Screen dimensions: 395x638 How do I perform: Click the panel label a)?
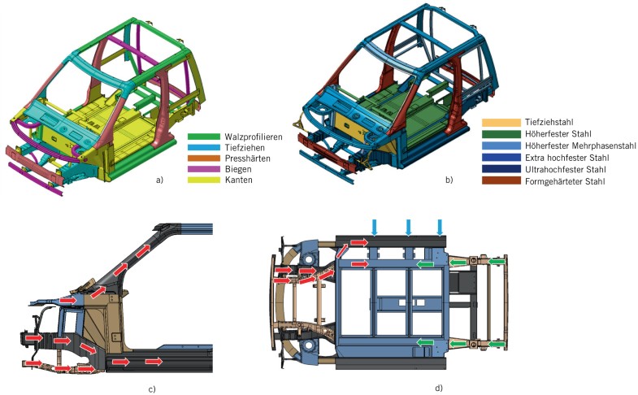[159, 180]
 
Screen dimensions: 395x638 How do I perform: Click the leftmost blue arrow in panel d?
[375, 227]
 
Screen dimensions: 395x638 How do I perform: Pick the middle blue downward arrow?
[408, 227]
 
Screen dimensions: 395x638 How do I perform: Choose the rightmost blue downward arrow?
[440, 227]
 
